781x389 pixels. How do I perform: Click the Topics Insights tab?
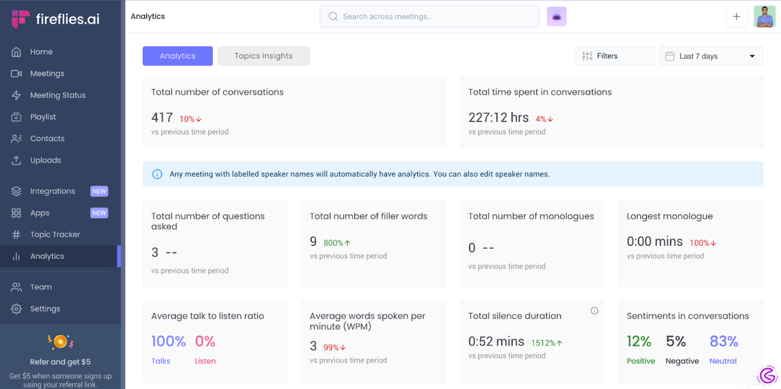pyautogui.click(x=264, y=56)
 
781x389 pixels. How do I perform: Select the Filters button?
pyautogui.click(x=614, y=56)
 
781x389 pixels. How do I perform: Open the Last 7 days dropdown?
pyautogui.click(x=711, y=56)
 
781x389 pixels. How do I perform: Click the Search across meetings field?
pyautogui.click(x=430, y=17)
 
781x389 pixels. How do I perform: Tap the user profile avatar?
pyautogui.click(x=764, y=17)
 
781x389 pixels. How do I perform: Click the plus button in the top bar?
pyautogui.click(x=736, y=17)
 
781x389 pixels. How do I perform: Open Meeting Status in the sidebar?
pyautogui.click(x=58, y=95)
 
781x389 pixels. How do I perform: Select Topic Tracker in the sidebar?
pyautogui.click(x=55, y=234)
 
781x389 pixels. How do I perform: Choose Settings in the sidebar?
pyautogui.click(x=45, y=309)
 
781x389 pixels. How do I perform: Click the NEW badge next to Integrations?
pyautogui.click(x=99, y=191)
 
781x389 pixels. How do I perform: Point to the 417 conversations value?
pyautogui.click(x=162, y=117)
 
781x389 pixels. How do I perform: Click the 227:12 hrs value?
pyautogui.click(x=498, y=117)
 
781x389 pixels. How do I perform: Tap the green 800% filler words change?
pyautogui.click(x=337, y=243)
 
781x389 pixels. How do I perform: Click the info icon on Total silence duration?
pyautogui.click(x=594, y=311)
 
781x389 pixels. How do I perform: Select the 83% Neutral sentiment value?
pyautogui.click(x=723, y=341)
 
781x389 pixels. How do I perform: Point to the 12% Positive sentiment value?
pyautogui.click(x=639, y=341)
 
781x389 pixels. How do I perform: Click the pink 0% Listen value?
pyautogui.click(x=205, y=341)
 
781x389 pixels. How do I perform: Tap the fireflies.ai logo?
pyautogui.click(x=56, y=19)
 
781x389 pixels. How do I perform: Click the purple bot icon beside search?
pyautogui.click(x=556, y=17)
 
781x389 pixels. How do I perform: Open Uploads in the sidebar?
pyautogui.click(x=45, y=160)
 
